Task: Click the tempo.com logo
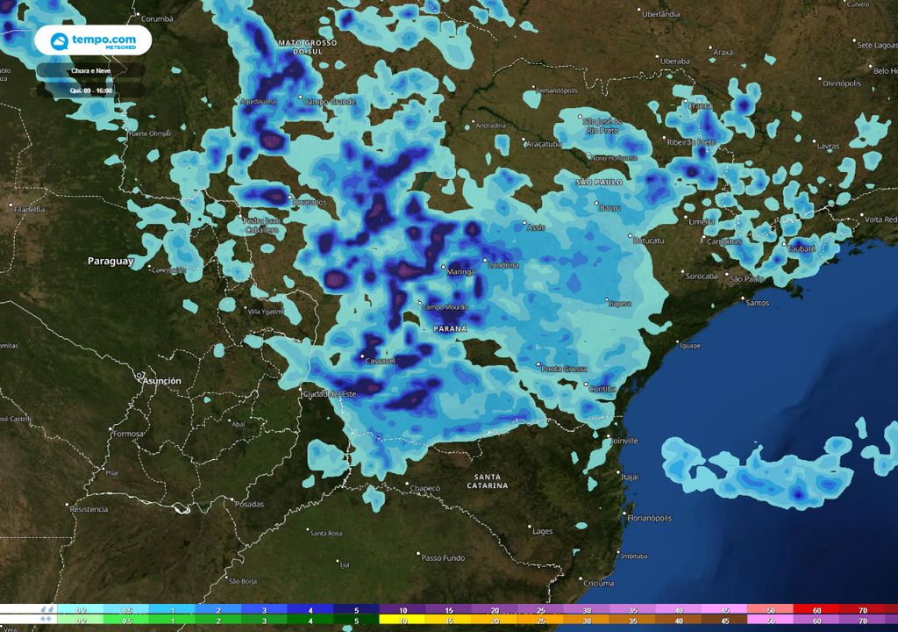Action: tap(93, 40)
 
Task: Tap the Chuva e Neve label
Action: tap(90, 70)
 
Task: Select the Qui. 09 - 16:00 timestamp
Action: tap(90, 90)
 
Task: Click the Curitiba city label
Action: tap(603, 388)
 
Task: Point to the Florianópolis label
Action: tap(650, 518)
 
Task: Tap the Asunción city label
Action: tap(161, 381)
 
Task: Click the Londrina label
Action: tap(503, 264)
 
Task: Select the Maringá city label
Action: tap(461, 272)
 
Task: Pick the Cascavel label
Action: tap(381, 361)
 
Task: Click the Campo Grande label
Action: tap(330, 102)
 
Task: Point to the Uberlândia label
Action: tap(661, 14)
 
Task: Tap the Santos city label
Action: tap(756, 302)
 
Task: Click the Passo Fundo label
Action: tap(443, 557)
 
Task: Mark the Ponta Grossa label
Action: tap(563, 369)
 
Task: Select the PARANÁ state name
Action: tap(450, 328)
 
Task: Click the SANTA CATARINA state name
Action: tap(487, 480)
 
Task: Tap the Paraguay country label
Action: tap(110, 261)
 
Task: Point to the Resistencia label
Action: tap(89, 509)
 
